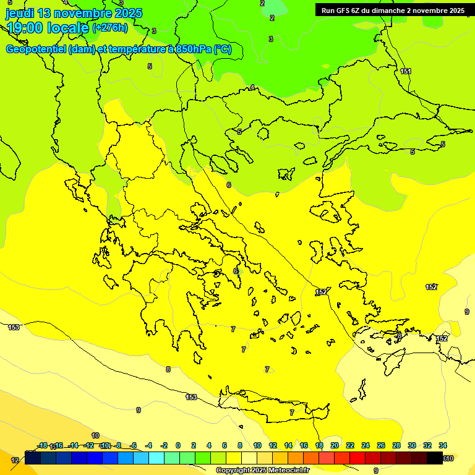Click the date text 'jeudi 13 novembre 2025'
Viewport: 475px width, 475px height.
pos(74,13)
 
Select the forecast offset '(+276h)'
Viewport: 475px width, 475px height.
pos(110,28)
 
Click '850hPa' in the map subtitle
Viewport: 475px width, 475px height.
pos(191,49)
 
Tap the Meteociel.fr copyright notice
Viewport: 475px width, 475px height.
pos(262,471)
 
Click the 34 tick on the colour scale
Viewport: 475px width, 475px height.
pos(443,445)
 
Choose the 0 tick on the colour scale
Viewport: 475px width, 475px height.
pos(178,445)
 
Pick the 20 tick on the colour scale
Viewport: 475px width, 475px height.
pos(335,445)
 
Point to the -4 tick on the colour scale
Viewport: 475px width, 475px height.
pos(148,445)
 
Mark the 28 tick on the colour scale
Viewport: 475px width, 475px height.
pos(396,445)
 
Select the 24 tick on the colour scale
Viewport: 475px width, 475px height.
pos(366,445)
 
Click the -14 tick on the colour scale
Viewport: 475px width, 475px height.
pos(73,445)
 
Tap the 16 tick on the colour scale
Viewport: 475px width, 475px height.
pos(304,445)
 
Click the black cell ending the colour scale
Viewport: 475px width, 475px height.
pos(435,458)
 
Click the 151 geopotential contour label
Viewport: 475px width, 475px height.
pos(406,72)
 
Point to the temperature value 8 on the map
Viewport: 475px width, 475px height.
pos(168,369)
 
